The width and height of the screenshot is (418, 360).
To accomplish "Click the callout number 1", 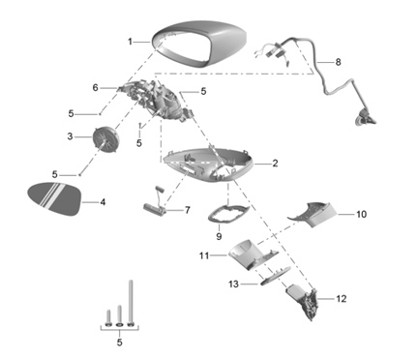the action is coord(130,42).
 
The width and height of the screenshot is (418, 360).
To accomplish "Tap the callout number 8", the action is coord(338,62).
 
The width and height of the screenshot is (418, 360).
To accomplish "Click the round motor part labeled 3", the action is coord(105,138).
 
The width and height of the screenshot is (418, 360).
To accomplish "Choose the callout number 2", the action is coord(275,164).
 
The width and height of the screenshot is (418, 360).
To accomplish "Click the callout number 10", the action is coord(361,214).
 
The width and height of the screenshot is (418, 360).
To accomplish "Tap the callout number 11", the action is coord(204,255).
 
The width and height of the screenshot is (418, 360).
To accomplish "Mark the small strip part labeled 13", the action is coord(275,275).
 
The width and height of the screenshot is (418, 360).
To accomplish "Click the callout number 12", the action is coord(342,299).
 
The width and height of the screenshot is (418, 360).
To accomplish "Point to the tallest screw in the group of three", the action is coord(131,303).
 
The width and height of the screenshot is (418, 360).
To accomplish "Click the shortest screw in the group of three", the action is coord(108,318).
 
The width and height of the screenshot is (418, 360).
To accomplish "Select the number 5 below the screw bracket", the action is coord(120,343).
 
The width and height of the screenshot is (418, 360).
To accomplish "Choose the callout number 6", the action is coord(95,87).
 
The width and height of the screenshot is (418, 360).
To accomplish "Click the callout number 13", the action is coord(234,285).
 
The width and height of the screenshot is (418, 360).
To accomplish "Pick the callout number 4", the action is coord(103,202).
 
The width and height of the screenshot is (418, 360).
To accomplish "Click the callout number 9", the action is coord(219,236).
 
